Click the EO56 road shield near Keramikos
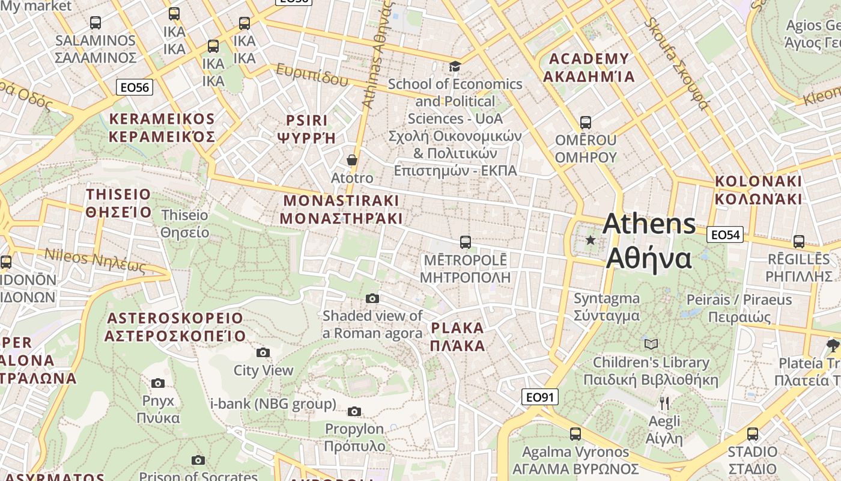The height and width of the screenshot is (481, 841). click(135, 87)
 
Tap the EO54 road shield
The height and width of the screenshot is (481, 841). click(724, 234)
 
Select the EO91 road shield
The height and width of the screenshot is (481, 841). click(539, 397)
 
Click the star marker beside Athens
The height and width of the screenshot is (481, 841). click(591, 240)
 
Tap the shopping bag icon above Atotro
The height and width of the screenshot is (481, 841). click(352, 160)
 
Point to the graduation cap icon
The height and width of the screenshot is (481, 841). click(455, 66)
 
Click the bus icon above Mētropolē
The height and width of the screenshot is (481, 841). click(465, 242)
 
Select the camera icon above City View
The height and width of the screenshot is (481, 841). click(263, 353)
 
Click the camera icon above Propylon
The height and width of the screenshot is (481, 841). click(354, 411)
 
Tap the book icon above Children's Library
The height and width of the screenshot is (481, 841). click(651, 345)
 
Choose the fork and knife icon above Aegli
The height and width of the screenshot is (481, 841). click(664, 403)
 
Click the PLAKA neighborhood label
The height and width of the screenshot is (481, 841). click(457, 337)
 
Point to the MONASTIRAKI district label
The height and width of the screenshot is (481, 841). click(341, 209)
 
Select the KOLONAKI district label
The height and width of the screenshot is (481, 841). click(758, 189)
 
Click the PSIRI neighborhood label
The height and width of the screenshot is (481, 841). click(307, 129)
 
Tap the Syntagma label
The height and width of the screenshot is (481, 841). click(606, 307)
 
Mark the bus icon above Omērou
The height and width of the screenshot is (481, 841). click(585, 123)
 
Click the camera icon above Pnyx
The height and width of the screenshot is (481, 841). click(158, 384)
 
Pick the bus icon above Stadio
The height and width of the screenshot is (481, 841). click(752, 434)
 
